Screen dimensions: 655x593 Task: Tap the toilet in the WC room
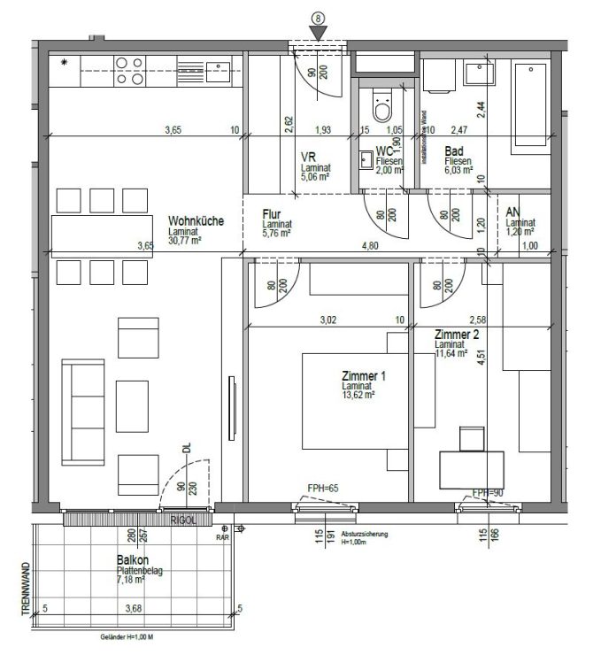point(382,106)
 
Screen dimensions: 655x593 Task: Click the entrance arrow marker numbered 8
point(318,32)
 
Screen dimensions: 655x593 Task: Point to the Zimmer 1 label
point(364,377)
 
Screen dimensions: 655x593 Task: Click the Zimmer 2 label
point(458,335)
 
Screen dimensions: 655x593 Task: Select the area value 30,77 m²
point(186,239)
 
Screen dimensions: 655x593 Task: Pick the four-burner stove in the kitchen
point(130,70)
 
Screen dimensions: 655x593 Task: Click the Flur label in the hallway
point(272,214)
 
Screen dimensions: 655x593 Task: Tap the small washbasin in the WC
point(366,160)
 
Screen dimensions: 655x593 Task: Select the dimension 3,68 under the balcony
point(133,608)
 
